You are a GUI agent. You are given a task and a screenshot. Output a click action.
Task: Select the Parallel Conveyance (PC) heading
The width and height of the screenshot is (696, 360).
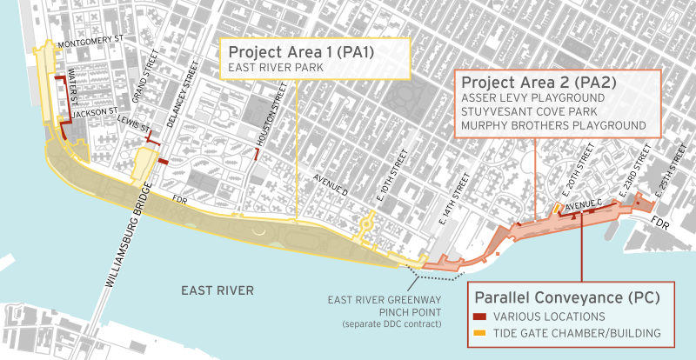click(565, 297)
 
